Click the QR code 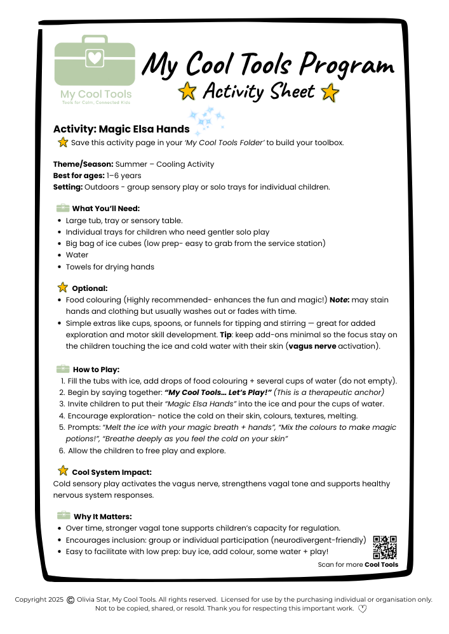tap(385, 547)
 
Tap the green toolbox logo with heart tap(95, 63)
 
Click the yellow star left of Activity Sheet tap(187, 92)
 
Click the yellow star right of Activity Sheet tap(330, 93)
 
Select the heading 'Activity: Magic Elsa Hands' tap(121, 129)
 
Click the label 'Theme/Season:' tap(83, 164)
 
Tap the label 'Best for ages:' tap(79, 176)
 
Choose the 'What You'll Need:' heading tap(105, 209)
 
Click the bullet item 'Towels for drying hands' tap(110, 267)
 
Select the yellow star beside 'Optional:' tap(63, 288)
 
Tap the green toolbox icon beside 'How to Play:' tap(63, 369)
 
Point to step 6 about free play tap(146, 451)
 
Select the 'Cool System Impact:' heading tap(111, 472)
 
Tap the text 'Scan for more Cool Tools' tap(358, 564)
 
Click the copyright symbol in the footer tap(70, 599)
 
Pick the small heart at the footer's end tap(363, 609)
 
